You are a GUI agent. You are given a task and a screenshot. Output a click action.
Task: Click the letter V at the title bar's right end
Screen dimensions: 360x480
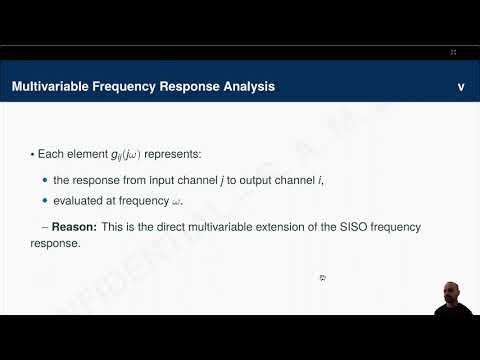tap(461, 87)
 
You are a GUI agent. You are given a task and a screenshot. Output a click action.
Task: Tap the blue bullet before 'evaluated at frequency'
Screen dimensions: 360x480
tap(45, 202)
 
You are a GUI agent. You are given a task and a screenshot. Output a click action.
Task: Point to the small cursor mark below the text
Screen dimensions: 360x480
tap(323, 278)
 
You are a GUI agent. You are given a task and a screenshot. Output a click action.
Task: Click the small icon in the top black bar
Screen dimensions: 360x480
tap(453, 51)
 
